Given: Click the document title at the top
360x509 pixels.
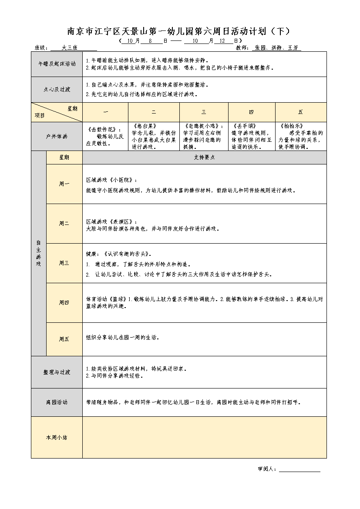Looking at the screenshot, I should pos(178,31).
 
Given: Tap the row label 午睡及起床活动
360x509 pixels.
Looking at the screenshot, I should pos(57,64).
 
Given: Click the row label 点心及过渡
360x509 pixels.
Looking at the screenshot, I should pos(57,89).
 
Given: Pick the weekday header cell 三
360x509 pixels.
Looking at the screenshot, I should pos(204,112).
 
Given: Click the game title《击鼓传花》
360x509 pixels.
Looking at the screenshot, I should pos(101,130).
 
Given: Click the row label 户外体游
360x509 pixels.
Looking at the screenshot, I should pos(57,136).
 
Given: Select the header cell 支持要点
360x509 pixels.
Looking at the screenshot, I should pos(204,157).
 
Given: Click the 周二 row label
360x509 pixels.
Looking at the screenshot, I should pos(64,223).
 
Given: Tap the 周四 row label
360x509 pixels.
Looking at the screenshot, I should pos(64,302).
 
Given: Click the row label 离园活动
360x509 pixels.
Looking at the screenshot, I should pos(57,402).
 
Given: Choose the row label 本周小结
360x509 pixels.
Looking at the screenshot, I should pos(57,437).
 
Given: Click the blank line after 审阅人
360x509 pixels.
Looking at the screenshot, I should pos(299,469).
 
